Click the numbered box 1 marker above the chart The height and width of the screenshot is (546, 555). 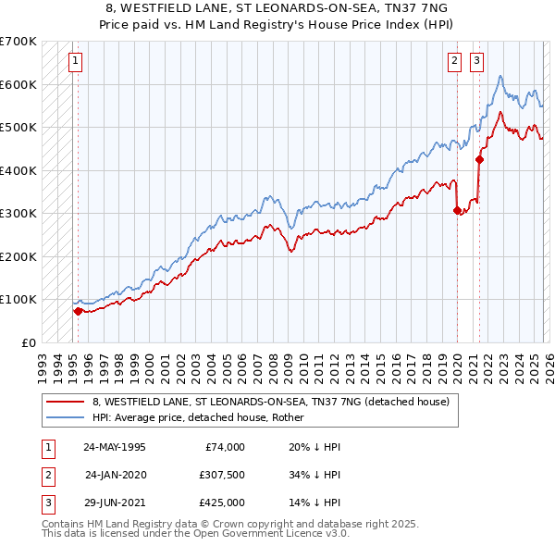pyautogui.click(x=75, y=62)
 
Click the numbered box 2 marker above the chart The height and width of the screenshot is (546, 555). pyautogui.click(x=455, y=62)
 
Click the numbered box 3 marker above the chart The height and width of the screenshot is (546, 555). pyautogui.click(x=476, y=62)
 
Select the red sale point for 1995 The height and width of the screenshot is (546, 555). pyautogui.click(x=78, y=311)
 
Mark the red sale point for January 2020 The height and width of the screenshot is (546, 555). pyautogui.click(x=457, y=210)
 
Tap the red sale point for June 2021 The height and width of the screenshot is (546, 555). pyautogui.click(x=479, y=159)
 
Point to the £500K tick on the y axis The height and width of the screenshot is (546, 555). pyautogui.click(x=18, y=127)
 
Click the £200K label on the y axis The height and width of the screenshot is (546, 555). pyautogui.click(x=18, y=256)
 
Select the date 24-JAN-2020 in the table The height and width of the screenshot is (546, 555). pyautogui.click(x=115, y=475)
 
